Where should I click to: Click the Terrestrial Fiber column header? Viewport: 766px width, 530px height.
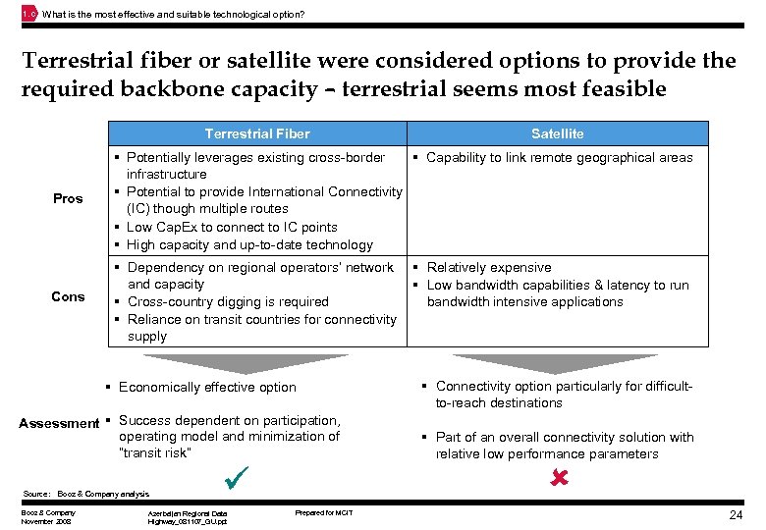256,133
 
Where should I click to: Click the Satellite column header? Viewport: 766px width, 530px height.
557,133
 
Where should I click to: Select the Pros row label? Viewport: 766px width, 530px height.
68,199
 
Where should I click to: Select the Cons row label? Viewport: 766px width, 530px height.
68,296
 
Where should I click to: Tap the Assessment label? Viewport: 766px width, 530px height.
59,423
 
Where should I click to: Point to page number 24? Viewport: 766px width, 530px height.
736,515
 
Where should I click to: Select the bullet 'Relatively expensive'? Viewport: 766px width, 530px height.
488,267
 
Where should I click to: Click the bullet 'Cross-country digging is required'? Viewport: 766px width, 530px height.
228,301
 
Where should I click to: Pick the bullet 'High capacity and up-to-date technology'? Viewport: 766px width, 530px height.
249,244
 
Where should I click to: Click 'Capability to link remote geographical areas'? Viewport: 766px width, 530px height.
559,157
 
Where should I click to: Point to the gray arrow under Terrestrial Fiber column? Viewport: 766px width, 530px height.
257,363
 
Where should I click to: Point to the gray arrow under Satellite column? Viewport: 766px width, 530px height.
557,363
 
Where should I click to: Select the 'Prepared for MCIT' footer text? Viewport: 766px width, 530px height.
323,512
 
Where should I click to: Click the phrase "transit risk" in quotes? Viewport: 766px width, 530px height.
155,452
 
